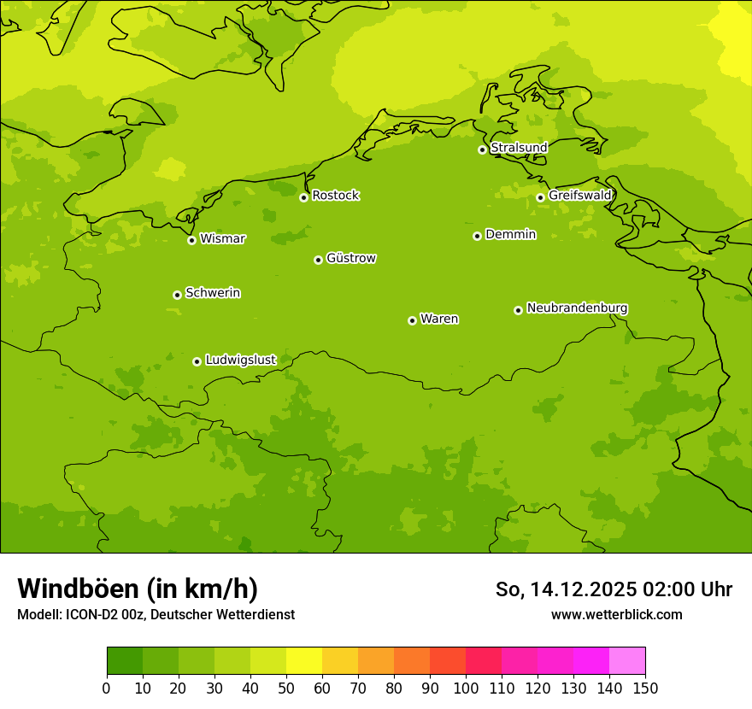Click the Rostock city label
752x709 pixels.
335,196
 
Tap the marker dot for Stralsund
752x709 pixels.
482,149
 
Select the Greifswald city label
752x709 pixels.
580,196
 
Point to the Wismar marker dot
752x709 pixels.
192,240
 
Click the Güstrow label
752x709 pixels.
351,258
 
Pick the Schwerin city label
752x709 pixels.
213,293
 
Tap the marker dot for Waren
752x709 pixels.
412,320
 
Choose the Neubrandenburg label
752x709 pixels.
577,308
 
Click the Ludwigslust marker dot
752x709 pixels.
197,361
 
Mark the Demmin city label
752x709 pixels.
510,234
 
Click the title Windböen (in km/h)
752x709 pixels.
138,589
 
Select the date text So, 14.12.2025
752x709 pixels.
566,589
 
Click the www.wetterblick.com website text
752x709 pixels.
616,615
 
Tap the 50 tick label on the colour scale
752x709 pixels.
286,688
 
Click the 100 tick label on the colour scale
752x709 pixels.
466,688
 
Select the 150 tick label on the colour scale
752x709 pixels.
645,688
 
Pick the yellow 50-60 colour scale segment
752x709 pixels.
304,661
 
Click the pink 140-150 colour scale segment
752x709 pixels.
627,661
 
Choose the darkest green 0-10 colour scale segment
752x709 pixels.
125,661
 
